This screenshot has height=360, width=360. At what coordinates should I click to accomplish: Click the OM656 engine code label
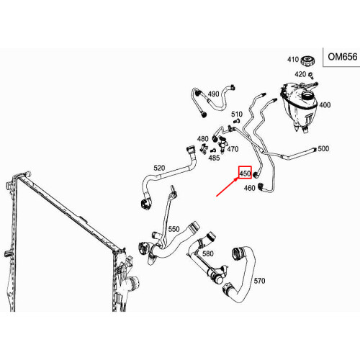343,57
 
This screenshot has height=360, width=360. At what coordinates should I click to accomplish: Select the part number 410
293,59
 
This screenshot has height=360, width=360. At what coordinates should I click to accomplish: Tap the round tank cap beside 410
308,60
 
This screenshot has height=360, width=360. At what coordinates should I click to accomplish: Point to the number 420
300,74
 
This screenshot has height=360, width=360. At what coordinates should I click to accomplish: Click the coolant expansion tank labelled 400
299,107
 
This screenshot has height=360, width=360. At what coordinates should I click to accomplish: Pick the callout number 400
325,105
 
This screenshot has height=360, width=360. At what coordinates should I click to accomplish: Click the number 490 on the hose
213,94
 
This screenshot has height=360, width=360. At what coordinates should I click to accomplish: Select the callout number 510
237,114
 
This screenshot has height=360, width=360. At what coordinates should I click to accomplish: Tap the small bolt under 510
237,121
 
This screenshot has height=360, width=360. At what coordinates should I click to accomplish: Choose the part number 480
203,139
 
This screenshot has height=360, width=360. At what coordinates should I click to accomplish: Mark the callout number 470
233,149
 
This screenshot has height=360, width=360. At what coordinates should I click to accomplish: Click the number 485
214,158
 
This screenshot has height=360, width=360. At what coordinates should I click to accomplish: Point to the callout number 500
323,148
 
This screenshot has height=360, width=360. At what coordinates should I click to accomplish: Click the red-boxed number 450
245,173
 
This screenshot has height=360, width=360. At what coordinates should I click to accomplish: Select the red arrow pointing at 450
228,187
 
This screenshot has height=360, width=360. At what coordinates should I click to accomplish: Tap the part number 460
249,188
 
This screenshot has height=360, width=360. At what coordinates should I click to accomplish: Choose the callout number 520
159,168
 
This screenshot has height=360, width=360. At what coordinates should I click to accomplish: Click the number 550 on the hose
174,229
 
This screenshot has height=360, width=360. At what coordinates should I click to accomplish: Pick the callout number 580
208,253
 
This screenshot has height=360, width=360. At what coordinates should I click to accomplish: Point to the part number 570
259,281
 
